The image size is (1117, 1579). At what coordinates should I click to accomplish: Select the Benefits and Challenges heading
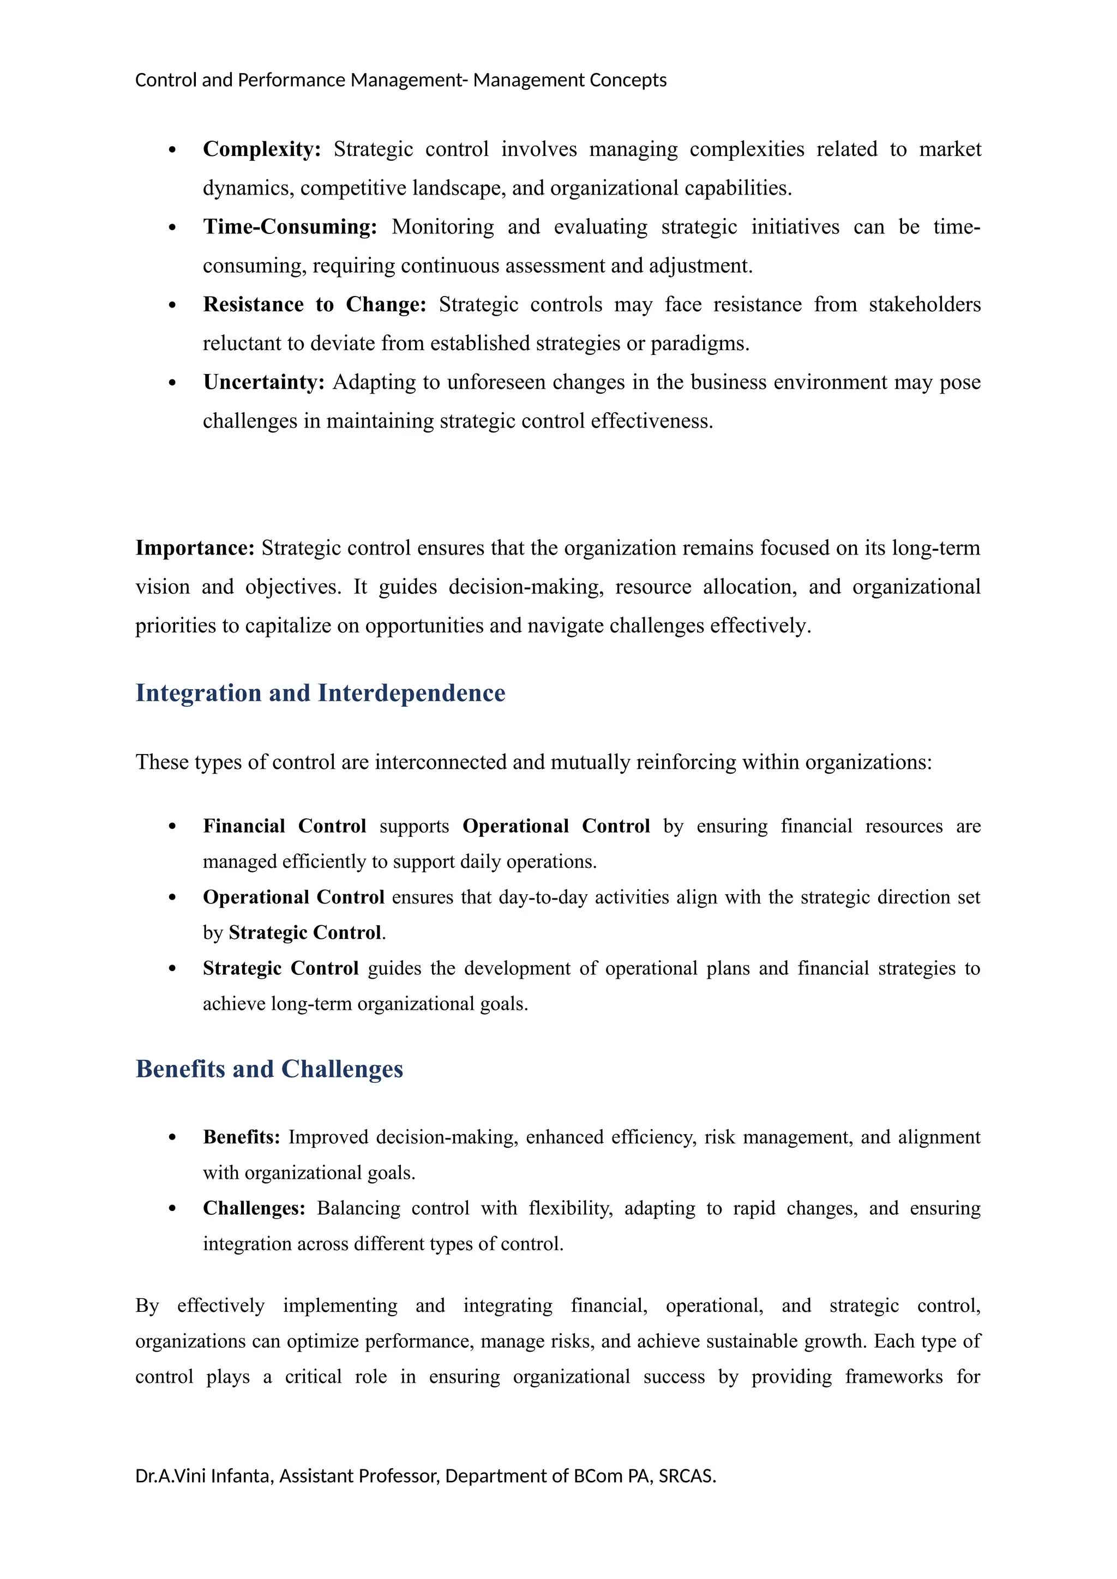click(x=269, y=1069)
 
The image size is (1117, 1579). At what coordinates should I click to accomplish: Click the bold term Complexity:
click(x=261, y=149)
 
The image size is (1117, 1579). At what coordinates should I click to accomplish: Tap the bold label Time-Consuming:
click(x=290, y=227)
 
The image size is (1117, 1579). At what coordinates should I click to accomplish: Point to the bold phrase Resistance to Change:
click(x=314, y=305)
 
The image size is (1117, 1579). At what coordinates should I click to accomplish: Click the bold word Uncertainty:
click(x=263, y=382)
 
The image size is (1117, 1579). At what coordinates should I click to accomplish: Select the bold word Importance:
click(x=195, y=548)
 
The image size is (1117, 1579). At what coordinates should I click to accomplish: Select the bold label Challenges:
click(x=254, y=1208)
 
